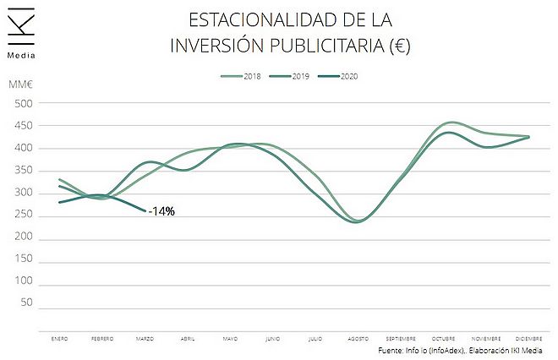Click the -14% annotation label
161,211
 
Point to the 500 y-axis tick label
24,104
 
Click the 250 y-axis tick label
24,215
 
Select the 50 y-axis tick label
26,303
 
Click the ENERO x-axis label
58,338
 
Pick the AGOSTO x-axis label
358,338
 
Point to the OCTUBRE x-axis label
444,338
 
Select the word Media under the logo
20,57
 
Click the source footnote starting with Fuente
460,350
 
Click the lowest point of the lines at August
357,221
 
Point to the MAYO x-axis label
230,338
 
